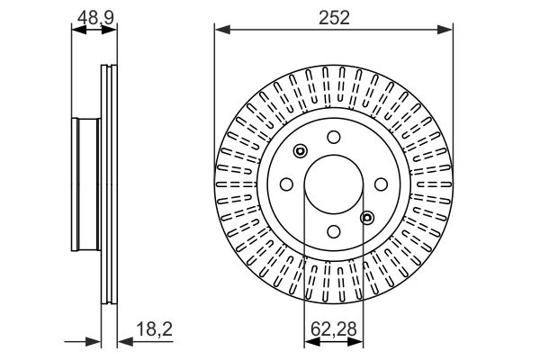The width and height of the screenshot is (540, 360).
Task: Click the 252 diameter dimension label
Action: (x=334, y=18)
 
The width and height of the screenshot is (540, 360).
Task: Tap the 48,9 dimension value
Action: (x=95, y=18)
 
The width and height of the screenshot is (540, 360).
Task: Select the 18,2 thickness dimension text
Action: (x=154, y=329)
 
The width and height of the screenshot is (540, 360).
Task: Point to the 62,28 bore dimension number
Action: (x=333, y=329)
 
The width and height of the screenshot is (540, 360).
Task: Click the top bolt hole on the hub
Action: (x=334, y=137)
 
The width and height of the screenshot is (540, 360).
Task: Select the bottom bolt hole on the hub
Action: (x=334, y=231)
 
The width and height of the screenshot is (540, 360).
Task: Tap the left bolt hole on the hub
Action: (x=286, y=184)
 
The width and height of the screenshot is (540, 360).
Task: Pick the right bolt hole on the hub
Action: (x=381, y=184)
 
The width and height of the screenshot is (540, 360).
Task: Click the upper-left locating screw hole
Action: (x=301, y=151)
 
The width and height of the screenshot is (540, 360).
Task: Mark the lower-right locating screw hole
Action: (x=367, y=218)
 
